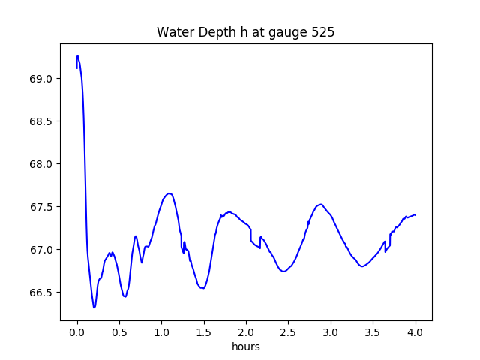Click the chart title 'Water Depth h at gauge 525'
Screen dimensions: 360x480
245,33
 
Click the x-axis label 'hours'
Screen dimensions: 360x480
245,346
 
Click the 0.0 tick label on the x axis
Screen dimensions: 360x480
77,331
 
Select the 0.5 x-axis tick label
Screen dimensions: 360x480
119,331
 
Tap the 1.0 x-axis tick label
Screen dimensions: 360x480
161,331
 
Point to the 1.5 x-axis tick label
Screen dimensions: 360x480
204,331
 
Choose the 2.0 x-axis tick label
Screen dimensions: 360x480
246,331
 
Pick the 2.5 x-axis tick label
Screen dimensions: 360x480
289,331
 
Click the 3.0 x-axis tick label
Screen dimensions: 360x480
331,331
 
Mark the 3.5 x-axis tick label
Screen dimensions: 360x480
373,331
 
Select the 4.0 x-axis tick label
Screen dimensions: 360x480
415,331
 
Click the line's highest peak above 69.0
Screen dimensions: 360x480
78,55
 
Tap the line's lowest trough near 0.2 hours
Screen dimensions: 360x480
94,307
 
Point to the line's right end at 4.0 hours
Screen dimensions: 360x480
415,214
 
